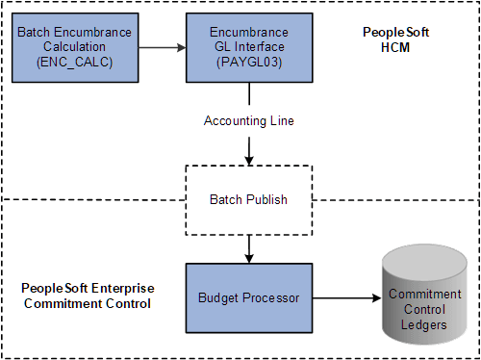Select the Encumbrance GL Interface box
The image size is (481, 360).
pyautogui.click(x=249, y=46)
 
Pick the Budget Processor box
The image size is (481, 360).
pyautogui.click(x=249, y=299)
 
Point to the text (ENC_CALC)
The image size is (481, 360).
pyautogui.click(x=73, y=62)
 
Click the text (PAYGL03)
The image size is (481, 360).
pyautogui.click(x=249, y=62)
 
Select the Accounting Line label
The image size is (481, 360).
pyautogui.click(x=249, y=120)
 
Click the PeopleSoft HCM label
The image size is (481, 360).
pyautogui.click(x=395, y=39)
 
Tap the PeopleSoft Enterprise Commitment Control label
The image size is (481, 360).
pyautogui.click(x=88, y=296)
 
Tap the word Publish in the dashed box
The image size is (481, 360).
pyautogui.click(x=268, y=200)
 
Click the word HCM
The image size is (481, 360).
pyautogui.click(x=395, y=47)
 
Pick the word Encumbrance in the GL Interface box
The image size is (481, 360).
pyautogui.click(x=249, y=32)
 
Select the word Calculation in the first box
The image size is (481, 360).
pyautogui.click(x=73, y=46)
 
